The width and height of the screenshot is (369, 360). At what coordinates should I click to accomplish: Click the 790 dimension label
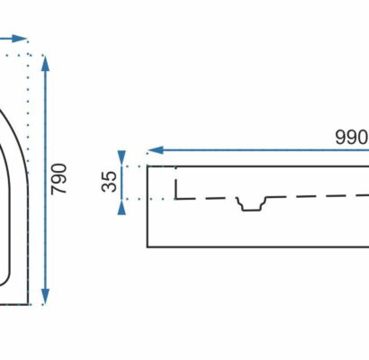(58, 179)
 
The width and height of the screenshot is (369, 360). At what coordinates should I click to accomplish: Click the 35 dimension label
(109, 181)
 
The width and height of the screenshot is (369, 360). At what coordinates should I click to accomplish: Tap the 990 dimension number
(352, 138)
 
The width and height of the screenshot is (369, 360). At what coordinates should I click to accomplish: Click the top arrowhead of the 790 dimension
(45, 63)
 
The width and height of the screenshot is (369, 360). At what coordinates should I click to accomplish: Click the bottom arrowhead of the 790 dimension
(45, 296)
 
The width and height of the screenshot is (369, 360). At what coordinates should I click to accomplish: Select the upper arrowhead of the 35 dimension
(121, 157)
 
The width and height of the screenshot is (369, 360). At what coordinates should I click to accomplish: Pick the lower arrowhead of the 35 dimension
(121, 207)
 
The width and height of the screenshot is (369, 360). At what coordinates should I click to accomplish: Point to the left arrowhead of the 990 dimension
(156, 150)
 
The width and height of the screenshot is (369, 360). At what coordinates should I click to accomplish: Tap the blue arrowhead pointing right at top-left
(20, 39)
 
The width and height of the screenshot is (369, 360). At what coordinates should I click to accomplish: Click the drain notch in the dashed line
(251, 204)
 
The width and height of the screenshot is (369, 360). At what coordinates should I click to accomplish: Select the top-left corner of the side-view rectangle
(148, 166)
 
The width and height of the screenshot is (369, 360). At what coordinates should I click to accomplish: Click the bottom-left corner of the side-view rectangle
(148, 247)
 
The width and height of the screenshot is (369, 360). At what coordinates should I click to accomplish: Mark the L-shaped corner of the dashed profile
(176, 198)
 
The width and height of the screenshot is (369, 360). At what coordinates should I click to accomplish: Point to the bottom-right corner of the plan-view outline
(28, 304)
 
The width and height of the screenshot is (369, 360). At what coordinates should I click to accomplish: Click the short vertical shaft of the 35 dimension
(121, 183)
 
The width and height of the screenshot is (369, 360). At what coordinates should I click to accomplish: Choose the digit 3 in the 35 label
(109, 186)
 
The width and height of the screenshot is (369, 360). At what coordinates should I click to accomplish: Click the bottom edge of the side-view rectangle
(258, 247)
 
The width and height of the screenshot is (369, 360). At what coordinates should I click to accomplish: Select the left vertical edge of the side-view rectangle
(148, 206)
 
